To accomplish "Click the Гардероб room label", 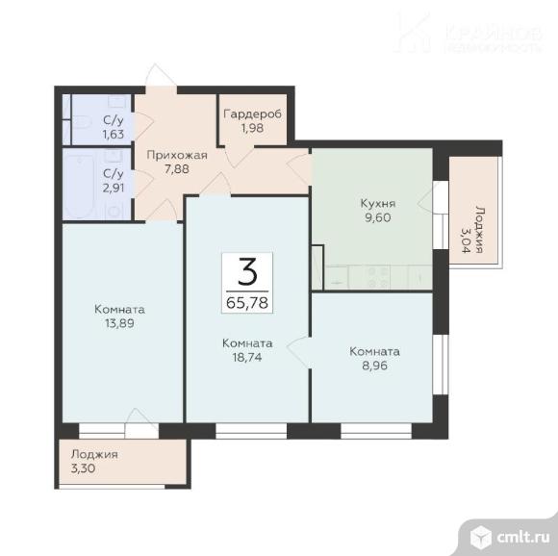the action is [x=253, y=114].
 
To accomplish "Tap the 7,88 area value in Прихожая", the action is [x=177, y=169].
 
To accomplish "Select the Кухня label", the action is [x=378, y=204].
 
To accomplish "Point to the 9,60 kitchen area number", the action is [x=378, y=217].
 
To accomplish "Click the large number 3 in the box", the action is [x=247, y=271].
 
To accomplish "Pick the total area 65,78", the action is [x=247, y=303].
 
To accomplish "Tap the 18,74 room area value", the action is [x=247, y=357].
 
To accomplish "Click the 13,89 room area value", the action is [x=119, y=323].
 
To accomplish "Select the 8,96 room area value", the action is [x=375, y=366].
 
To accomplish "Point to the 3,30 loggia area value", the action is [x=84, y=468].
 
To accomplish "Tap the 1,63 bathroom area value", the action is [x=114, y=134].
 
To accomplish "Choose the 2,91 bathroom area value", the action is [x=114, y=188].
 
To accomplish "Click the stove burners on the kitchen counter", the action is [x=377, y=277].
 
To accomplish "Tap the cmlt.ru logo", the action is [x=510, y=537].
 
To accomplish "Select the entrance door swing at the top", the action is [x=161, y=75].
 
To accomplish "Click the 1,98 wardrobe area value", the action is [x=253, y=128].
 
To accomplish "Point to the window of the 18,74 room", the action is [x=251, y=430].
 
